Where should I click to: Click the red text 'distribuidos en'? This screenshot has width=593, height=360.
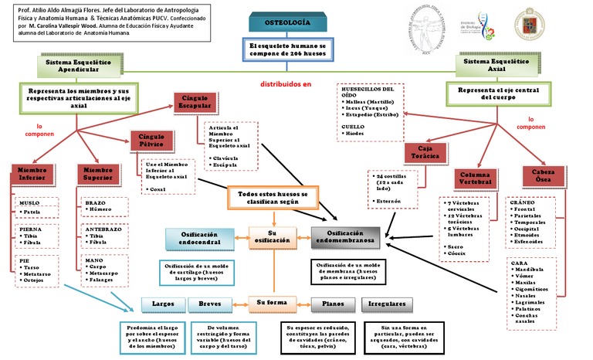pyautogui.click(x=284, y=83)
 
